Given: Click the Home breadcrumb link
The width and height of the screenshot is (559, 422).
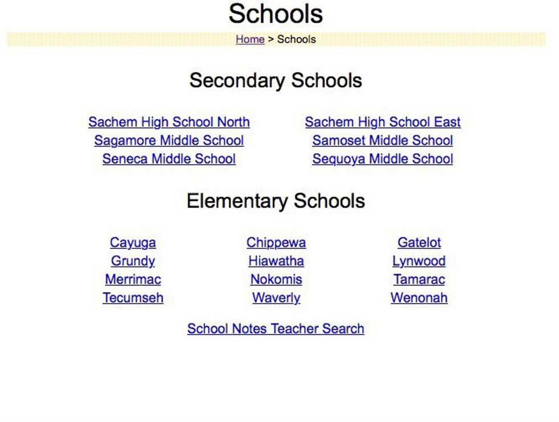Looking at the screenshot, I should (x=250, y=39).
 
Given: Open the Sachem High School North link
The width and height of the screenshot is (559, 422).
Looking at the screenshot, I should (x=169, y=122).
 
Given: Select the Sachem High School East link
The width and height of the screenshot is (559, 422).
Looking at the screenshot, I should (x=383, y=122).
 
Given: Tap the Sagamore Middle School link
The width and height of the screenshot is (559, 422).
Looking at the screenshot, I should (x=169, y=140).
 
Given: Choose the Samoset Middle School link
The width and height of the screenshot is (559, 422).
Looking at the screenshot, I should (x=383, y=140).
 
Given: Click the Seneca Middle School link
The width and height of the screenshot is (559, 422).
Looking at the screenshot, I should (x=169, y=159).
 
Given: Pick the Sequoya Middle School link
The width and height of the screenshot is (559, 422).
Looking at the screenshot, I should (x=383, y=159).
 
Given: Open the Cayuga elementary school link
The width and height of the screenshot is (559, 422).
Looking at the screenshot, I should (x=133, y=243).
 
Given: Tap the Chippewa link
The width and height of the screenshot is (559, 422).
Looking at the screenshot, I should (x=276, y=243).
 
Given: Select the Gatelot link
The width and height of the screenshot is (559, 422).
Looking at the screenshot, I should (x=419, y=243).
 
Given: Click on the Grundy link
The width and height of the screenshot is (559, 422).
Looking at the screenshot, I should (x=133, y=261).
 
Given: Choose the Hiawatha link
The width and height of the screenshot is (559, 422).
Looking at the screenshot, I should (x=276, y=261).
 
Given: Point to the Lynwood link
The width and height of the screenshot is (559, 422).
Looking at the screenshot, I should (x=419, y=261).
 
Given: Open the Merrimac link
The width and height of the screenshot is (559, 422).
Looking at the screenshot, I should (x=133, y=280).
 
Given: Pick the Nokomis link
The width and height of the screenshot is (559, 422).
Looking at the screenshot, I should (x=276, y=280).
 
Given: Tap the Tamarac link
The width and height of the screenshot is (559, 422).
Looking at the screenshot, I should (x=419, y=280).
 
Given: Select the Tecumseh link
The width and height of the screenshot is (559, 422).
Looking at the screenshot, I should (x=133, y=298).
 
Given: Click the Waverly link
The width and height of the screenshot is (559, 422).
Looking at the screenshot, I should (x=276, y=298).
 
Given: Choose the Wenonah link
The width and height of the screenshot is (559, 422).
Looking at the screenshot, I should (x=419, y=298).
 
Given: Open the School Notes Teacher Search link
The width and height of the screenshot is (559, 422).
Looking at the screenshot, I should (x=276, y=329).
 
